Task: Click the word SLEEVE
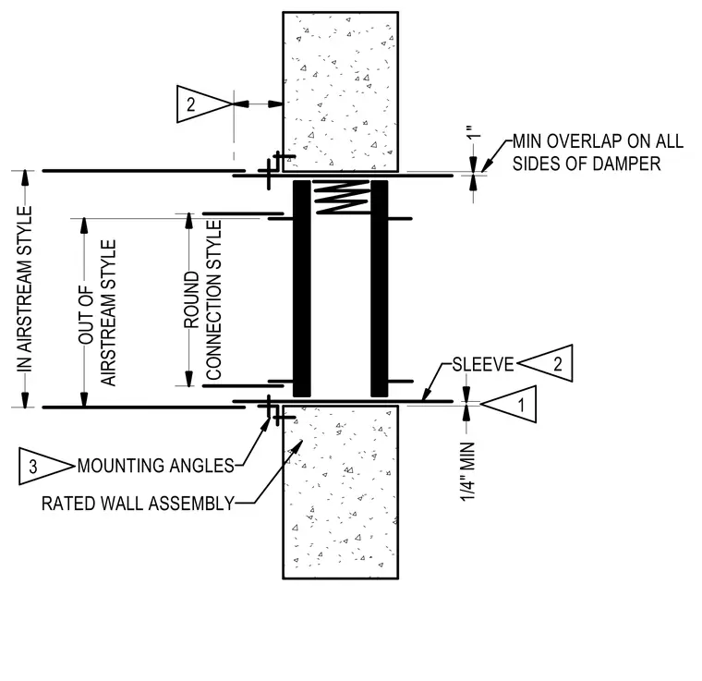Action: (x=482, y=364)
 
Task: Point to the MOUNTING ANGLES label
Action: (x=156, y=466)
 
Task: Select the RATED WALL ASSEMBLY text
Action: (x=138, y=504)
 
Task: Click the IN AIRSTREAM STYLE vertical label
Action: (x=25, y=288)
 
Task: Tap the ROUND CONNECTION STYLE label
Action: (x=202, y=300)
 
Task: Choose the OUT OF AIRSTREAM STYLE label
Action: (x=97, y=313)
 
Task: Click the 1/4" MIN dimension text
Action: (x=467, y=471)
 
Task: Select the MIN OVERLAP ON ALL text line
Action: (x=598, y=141)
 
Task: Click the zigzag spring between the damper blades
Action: (x=341, y=198)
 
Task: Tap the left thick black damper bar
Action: (x=302, y=289)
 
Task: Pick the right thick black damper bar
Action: (x=380, y=289)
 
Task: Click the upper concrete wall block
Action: (x=341, y=91)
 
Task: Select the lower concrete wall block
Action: (x=341, y=493)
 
